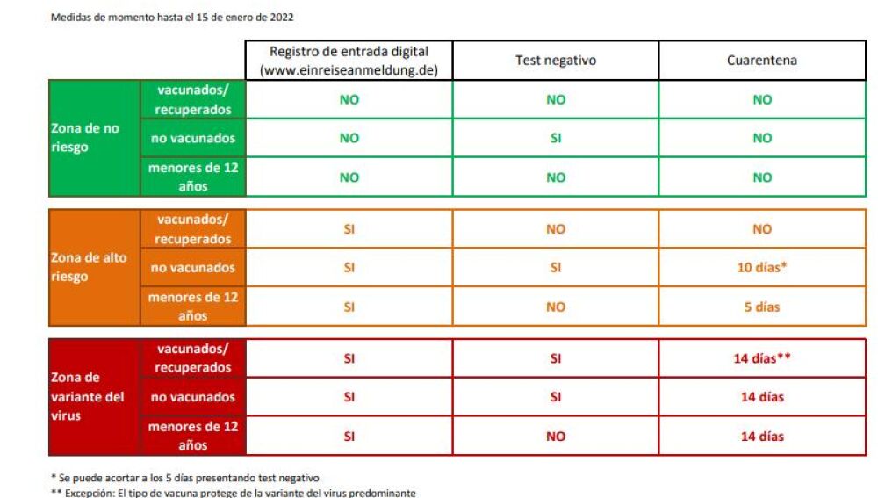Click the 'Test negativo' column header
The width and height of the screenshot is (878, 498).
tap(555, 61)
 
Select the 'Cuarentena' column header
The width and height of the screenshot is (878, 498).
tap(761, 61)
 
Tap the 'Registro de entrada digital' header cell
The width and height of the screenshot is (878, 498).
tap(349, 61)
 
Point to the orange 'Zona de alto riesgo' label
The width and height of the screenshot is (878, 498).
tap(88, 267)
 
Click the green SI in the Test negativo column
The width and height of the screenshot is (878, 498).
tap(555, 138)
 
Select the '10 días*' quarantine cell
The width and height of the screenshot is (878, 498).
tap(761, 267)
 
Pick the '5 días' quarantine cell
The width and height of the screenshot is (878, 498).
tap(761, 307)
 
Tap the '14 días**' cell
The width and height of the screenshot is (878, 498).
tap(761, 358)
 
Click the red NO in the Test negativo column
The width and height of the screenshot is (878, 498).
tap(555, 436)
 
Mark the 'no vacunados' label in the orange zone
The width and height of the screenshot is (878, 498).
tap(192, 267)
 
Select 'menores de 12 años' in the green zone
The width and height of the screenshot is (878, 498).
tap(192, 177)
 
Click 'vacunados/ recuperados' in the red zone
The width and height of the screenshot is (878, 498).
tap(192, 358)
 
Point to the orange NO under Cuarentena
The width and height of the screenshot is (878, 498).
tap(761, 228)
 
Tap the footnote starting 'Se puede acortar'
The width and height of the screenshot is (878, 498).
tap(184, 477)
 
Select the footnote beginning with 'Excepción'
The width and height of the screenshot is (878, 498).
tap(233, 492)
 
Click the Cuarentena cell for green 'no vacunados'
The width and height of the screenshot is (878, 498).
tap(761, 138)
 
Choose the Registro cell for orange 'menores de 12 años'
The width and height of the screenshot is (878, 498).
tap(349, 307)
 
